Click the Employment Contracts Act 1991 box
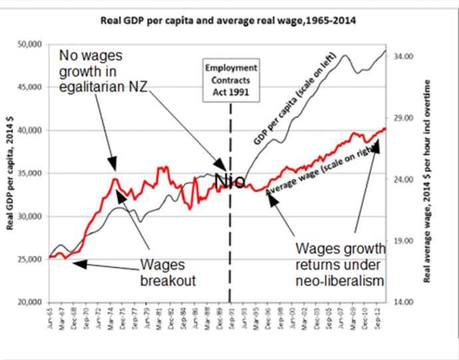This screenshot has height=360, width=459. tap(231, 81)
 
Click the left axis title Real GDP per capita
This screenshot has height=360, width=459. tap(11, 173)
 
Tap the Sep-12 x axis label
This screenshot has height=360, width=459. tap(377, 317)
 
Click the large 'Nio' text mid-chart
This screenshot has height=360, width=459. tap(230, 180)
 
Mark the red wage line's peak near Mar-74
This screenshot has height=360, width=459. tap(115, 178)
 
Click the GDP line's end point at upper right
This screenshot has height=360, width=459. tap(386, 51)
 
